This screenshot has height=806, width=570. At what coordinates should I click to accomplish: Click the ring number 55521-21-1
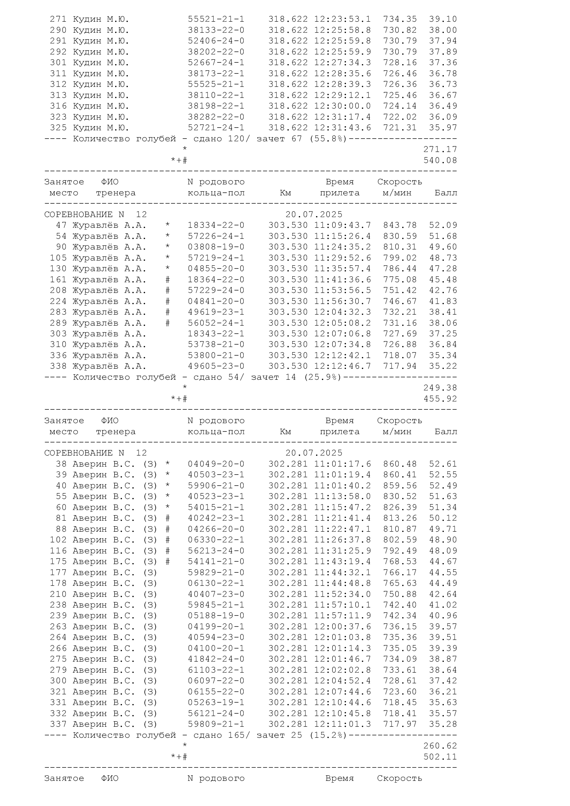click(x=216, y=19)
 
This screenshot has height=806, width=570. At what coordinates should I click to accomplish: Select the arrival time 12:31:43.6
click(x=342, y=127)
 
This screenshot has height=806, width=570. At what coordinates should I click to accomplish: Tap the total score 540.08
click(x=440, y=161)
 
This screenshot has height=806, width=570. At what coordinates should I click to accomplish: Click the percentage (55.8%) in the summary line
click(x=327, y=139)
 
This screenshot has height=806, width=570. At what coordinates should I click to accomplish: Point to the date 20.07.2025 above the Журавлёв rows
click(x=314, y=214)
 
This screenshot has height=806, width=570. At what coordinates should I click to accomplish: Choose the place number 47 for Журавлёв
click(x=61, y=225)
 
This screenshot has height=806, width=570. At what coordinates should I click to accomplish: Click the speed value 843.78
click(x=400, y=225)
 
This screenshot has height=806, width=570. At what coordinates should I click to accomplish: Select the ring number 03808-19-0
click(x=216, y=247)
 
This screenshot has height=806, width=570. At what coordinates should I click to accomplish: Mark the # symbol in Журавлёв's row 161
click(x=168, y=280)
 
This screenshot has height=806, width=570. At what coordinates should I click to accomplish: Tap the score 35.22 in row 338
click(x=443, y=366)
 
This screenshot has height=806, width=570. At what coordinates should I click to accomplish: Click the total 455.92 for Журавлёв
click(x=440, y=399)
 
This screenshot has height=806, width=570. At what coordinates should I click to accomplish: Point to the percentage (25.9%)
click(x=322, y=377)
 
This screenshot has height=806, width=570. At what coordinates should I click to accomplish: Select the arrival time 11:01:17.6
click(x=342, y=464)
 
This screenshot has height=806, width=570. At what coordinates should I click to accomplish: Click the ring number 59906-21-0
click(x=216, y=486)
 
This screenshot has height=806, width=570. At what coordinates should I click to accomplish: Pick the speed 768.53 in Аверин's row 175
click(x=400, y=562)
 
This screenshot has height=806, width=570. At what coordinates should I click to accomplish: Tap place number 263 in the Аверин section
click(x=58, y=626)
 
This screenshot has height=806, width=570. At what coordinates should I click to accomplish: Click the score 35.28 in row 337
click(x=443, y=724)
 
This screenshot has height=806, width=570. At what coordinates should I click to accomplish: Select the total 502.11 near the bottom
click(x=440, y=757)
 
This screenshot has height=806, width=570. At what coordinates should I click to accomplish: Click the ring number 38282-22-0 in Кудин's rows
click(x=216, y=117)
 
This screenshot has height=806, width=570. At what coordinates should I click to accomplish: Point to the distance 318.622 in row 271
click(x=288, y=19)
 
